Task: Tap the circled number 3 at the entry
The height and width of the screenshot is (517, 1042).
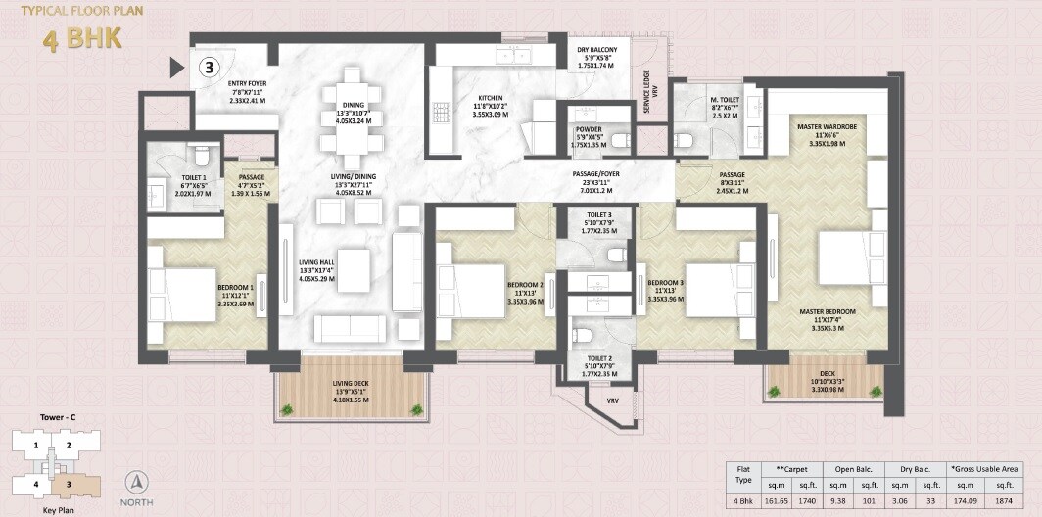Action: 209,68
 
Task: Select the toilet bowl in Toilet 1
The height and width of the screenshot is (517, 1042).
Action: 202,156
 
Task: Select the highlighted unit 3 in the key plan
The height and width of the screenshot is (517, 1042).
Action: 70,483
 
